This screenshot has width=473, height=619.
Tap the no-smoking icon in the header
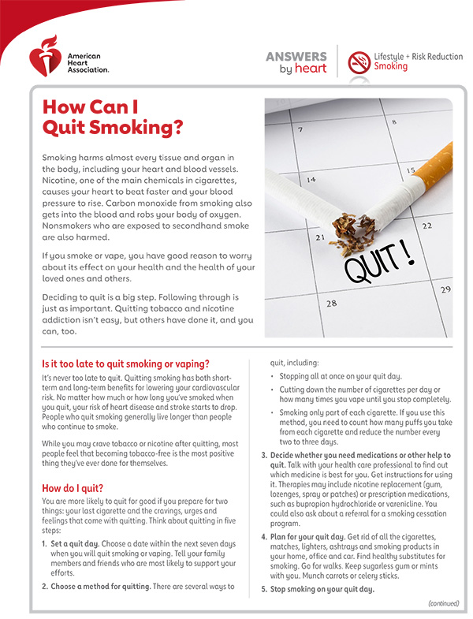coord(359,62)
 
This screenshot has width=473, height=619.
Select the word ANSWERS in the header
coord(296,56)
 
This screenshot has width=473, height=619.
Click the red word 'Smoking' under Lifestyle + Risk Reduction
coord(390,67)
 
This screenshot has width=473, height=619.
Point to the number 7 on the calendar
coord(299,129)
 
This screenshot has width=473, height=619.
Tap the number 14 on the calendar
coord(311,180)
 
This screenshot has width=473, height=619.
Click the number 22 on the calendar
coord(426,226)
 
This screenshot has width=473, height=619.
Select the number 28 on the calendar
coord(332,303)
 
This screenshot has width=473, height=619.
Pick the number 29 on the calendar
coord(445,289)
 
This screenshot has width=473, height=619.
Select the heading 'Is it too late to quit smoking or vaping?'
coord(125,364)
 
